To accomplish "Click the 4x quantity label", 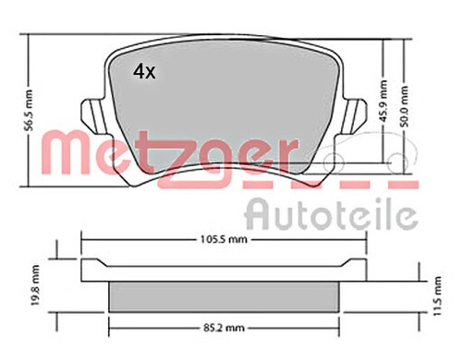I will tap(145, 72).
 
